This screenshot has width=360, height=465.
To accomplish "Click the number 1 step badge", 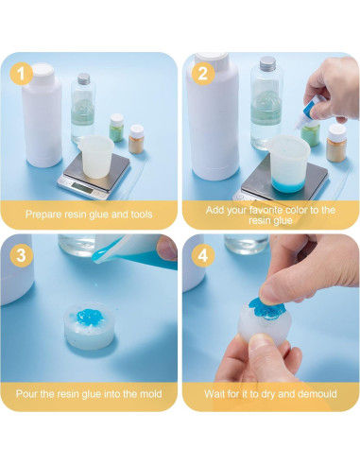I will (21, 72).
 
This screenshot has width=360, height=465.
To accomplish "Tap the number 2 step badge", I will (202, 72).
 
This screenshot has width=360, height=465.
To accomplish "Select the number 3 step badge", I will (21, 254).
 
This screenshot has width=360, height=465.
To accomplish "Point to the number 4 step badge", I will (202, 254).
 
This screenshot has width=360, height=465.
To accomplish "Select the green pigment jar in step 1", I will (117, 126).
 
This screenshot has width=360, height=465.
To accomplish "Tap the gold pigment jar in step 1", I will (137, 138).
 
